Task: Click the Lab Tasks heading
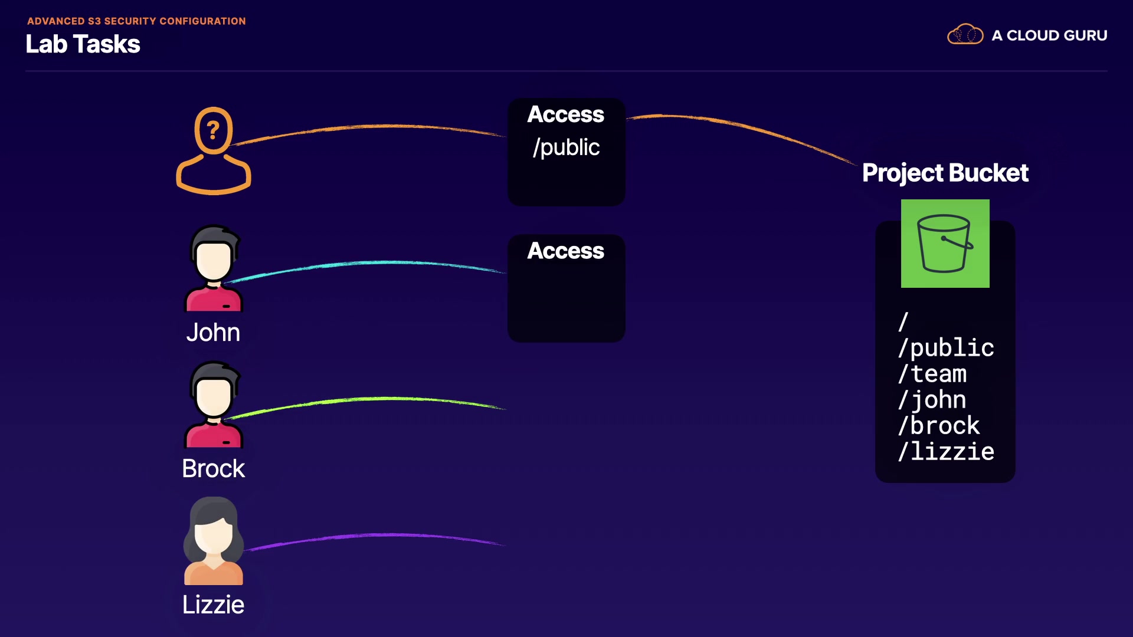pyautogui.click(x=83, y=44)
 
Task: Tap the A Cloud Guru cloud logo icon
pyautogui.click(x=965, y=35)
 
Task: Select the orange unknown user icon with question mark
pyautogui.click(x=214, y=150)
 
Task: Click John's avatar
pyautogui.click(x=214, y=268)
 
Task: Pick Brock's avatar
pyautogui.click(x=214, y=405)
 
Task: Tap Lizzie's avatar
pyautogui.click(x=214, y=541)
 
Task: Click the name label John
pyautogui.click(x=213, y=333)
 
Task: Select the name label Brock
pyautogui.click(x=213, y=469)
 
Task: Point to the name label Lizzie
pyautogui.click(x=213, y=605)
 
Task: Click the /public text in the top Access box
pyautogui.click(x=566, y=147)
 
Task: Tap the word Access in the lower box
pyautogui.click(x=565, y=251)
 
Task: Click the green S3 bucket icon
pyautogui.click(x=945, y=244)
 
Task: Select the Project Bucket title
pyautogui.click(x=945, y=173)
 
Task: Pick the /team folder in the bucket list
pyautogui.click(x=932, y=374)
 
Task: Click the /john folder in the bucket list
pyautogui.click(x=932, y=400)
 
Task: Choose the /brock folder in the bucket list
pyautogui.click(x=938, y=426)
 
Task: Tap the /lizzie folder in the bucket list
pyautogui.click(x=946, y=452)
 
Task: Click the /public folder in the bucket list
pyautogui.click(x=946, y=348)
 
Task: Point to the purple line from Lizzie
pyautogui.click(x=378, y=536)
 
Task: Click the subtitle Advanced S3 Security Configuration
pyautogui.click(x=136, y=21)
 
